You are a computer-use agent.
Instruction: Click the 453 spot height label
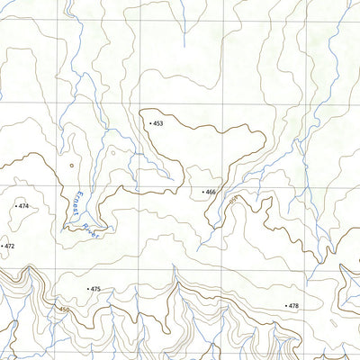(158, 122)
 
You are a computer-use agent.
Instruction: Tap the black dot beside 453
(149, 122)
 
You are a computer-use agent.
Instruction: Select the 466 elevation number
(211, 192)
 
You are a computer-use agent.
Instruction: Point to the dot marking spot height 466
(202, 192)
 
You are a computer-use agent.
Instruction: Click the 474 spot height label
(23, 206)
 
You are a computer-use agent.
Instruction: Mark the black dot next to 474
(15, 206)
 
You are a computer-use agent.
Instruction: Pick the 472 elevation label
(10, 246)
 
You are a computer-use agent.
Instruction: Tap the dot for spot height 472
(2, 246)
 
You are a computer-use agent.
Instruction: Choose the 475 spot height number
(96, 289)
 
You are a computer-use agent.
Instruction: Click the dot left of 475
(87, 289)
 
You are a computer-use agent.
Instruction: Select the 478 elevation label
(293, 306)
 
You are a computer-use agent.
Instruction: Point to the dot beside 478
(285, 306)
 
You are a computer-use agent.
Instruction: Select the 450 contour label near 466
(237, 199)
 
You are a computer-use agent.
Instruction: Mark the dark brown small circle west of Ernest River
(71, 165)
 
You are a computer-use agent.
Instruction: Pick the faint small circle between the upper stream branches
(112, 152)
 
